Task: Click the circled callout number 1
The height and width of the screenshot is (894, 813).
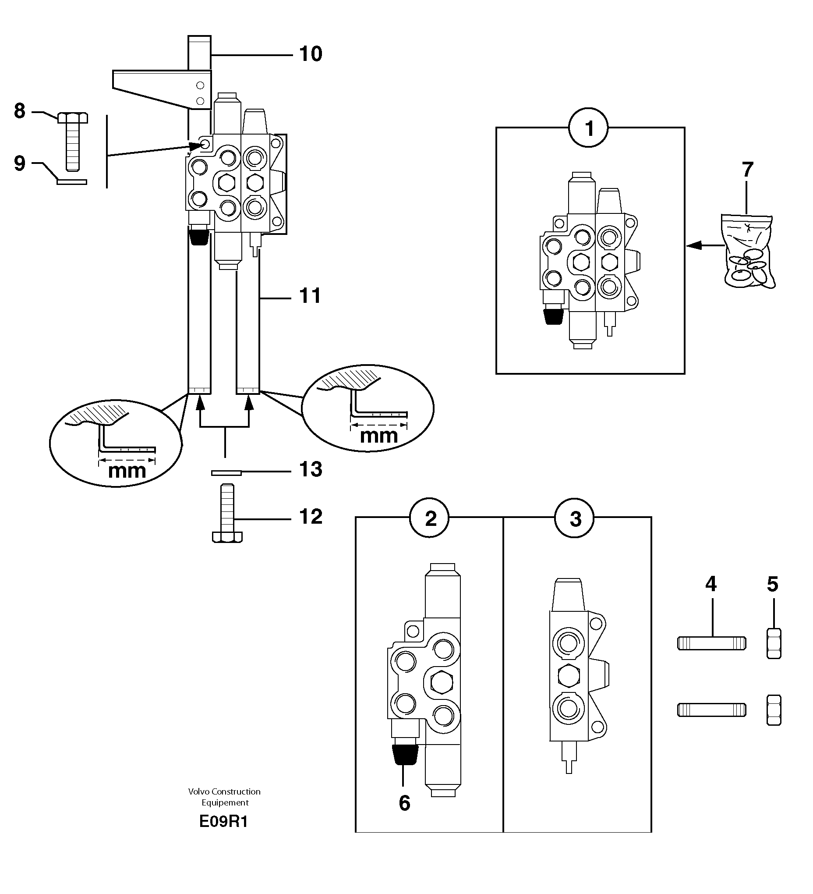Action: [x=589, y=128]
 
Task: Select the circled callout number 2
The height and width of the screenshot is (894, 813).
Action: [x=430, y=518]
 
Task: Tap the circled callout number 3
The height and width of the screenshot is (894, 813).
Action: [x=575, y=518]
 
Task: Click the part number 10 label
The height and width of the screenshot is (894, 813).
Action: [x=311, y=54]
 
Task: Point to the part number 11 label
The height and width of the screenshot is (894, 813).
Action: [x=310, y=296]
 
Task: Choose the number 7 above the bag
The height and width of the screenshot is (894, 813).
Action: [x=747, y=170]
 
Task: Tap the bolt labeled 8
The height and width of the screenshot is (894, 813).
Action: [x=73, y=142]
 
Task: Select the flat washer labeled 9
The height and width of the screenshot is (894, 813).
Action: [x=72, y=181]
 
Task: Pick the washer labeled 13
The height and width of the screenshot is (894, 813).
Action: [x=226, y=473]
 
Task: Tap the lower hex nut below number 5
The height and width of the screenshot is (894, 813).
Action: [x=774, y=710]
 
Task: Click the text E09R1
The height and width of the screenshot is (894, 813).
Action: [x=224, y=822]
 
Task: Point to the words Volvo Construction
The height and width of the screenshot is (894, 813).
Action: [x=224, y=791]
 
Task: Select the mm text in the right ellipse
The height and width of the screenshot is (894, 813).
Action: [x=379, y=436]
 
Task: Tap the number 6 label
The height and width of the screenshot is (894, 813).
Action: [x=405, y=803]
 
